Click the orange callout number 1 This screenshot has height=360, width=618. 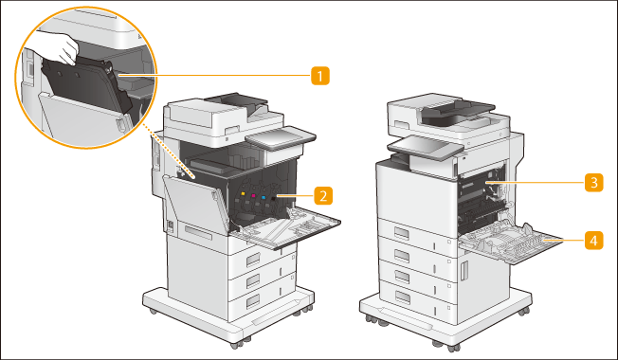pos(320,76)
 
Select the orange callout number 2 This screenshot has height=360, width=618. pos(323,195)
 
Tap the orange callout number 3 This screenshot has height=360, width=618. pos(594,183)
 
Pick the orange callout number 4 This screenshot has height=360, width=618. pos(594,240)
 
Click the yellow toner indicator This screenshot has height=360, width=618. pos(243,194)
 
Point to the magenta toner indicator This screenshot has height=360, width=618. pos(253,195)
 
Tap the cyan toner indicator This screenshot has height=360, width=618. pos(264,197)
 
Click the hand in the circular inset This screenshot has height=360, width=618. pos(59,47)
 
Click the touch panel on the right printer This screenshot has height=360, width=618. pos(426,148)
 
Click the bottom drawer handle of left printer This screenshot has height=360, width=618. pos(253,301)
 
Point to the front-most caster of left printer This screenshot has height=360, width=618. pos(236,345)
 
